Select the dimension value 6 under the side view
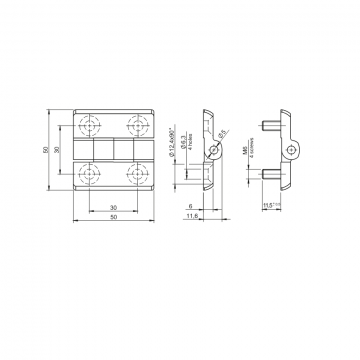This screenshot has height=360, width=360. coord(190,207)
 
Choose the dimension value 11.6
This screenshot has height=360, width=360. coord(190,217)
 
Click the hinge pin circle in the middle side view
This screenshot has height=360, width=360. coord(212,149)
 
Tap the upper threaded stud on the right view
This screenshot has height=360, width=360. coord(273,126)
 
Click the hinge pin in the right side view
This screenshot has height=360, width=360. coord(291,149)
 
